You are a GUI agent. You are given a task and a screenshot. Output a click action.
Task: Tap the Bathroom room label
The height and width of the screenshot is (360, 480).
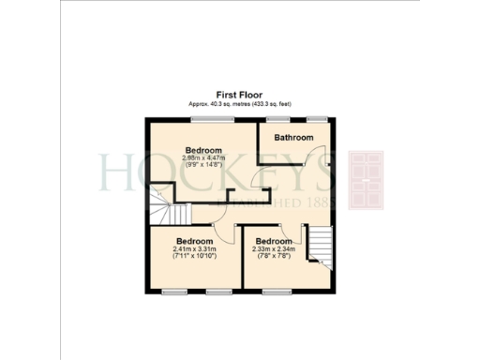tap(292, 138)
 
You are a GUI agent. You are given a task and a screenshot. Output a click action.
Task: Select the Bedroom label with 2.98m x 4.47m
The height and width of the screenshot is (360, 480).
tap(202, 150)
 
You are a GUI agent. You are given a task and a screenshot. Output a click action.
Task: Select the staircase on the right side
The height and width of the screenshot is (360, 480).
tap(322, 245)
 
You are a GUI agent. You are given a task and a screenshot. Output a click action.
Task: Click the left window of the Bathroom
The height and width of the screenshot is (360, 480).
tap(276, 119)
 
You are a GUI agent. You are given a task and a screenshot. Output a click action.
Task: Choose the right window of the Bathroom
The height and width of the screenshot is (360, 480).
tap(318, 119)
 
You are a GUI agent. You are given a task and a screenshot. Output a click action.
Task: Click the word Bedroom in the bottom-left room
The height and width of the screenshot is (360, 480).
tap(195, 241)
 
